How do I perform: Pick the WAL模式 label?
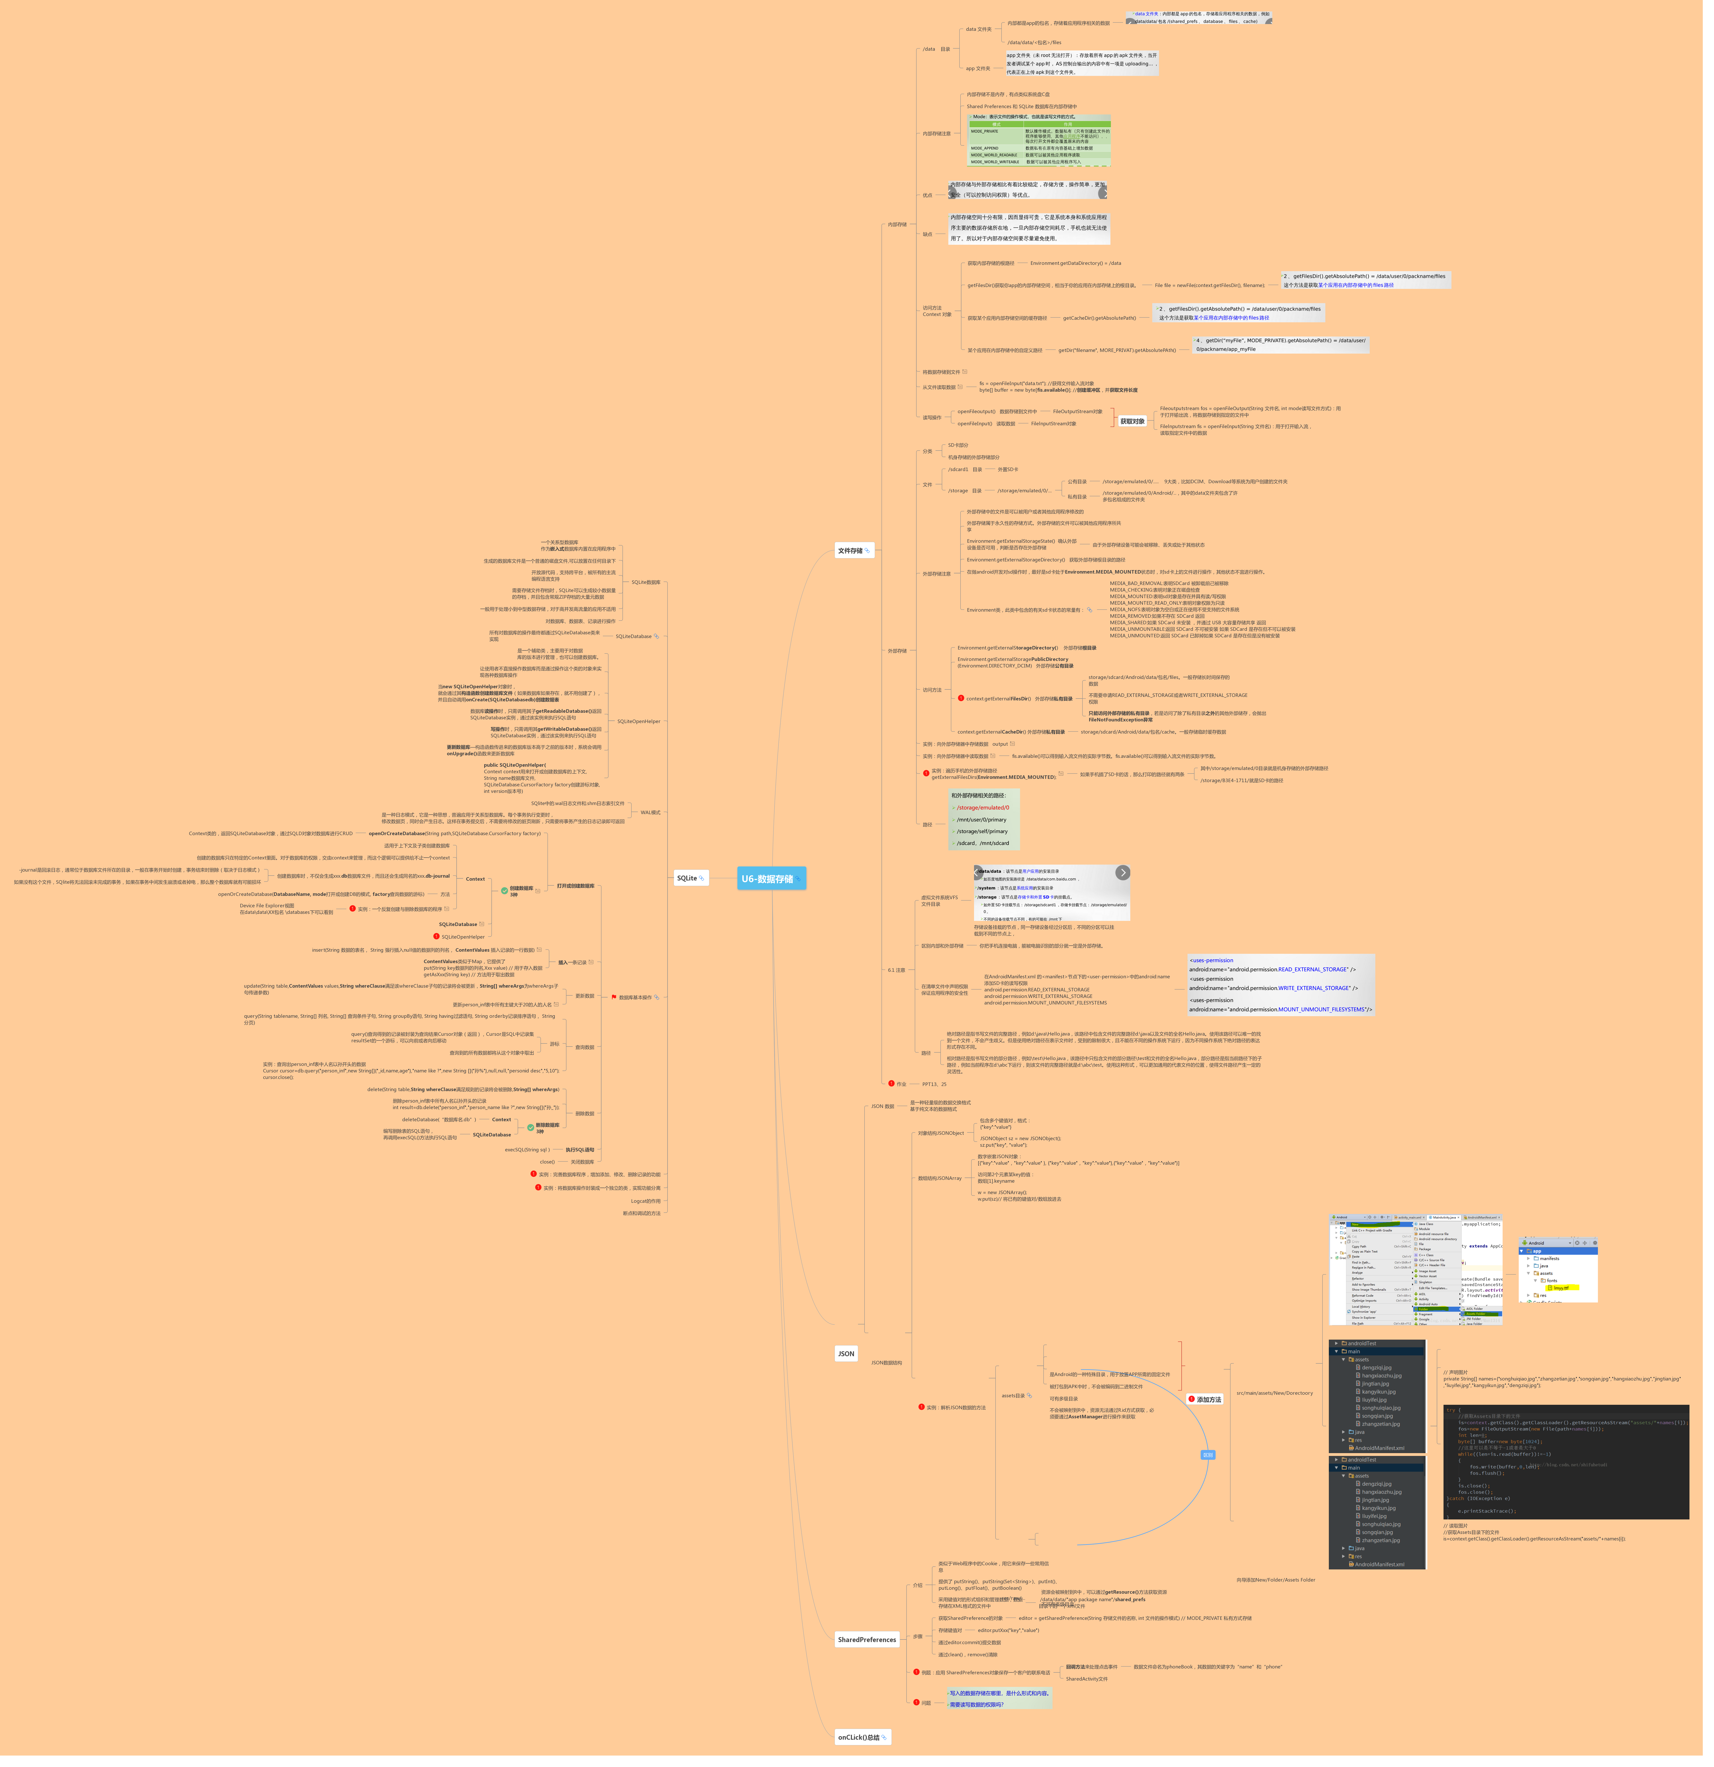pos(650,812)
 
